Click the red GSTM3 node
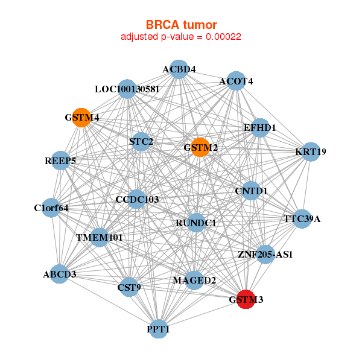point(245,299)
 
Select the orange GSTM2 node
point(200,147)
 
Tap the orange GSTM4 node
point(81,117)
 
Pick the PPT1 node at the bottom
point(158,329)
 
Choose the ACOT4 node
point(235,81)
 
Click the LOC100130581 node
point(126,89)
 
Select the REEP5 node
point(60,160)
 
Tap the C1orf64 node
point(51,208)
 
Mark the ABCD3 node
point(60,275)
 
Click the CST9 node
point(129,287)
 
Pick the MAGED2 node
point(194,280)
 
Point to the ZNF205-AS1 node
point(265,254)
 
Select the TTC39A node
point(302,218)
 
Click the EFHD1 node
point(259,128)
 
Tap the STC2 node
point(141,142)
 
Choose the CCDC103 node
point(137,199)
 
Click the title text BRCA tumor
point(181,25)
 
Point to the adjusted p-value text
point(181,37)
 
